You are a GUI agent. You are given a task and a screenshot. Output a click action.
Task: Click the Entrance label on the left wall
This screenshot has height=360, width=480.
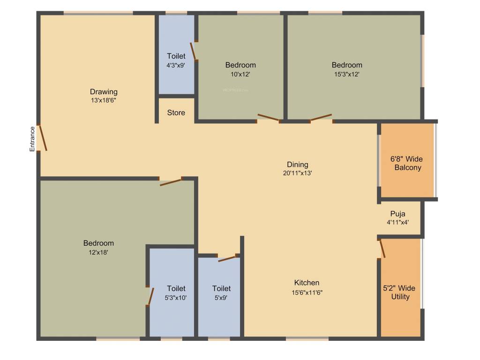(x=32, y=139)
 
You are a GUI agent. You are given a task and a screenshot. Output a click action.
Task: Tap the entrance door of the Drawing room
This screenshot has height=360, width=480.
(x=42, y=138)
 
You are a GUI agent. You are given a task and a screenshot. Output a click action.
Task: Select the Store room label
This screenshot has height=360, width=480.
(x=176, y=112)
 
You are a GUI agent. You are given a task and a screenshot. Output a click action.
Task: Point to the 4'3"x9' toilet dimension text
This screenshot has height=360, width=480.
(x=176, y=66)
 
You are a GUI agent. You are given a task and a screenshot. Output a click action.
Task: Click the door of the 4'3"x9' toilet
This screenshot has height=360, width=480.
(x=193, y=51)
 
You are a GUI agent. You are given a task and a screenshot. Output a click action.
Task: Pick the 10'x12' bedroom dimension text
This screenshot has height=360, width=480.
(x=240, y=74)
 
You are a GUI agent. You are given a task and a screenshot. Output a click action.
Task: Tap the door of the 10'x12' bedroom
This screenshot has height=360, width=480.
(x=269, y=118)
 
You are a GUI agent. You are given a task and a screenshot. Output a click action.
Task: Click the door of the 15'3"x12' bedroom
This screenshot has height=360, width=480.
(x=321, y=118)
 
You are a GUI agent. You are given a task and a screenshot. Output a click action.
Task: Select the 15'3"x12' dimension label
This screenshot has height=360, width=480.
(x=347, y=74)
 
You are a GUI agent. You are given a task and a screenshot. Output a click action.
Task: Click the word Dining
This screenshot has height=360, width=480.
(x=298, y=165)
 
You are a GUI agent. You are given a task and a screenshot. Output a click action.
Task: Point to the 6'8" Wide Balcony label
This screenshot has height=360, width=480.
(x=407, y=163)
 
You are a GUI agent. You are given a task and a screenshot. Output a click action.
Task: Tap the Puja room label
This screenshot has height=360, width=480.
(x=397, y=214)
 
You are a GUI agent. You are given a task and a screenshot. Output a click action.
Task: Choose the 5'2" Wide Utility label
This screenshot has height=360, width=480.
(x=400, y=292)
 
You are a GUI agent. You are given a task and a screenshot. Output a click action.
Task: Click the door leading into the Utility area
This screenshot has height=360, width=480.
(x=382, y=249)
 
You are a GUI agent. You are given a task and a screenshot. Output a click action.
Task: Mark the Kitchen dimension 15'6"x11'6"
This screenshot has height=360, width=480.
(x=307, y=292)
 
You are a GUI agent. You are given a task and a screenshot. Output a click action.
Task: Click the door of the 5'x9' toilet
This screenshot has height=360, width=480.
(x=226, y=258)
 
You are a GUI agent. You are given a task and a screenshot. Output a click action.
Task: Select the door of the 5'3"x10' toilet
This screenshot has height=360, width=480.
(x=150, y=296)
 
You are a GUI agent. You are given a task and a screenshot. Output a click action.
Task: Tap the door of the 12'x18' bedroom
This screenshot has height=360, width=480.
(x=171, y=181)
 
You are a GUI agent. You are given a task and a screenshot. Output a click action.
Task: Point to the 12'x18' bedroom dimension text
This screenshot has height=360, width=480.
(x=98, y=252)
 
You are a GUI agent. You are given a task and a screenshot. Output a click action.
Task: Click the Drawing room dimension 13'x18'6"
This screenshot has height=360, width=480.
(x=104, y=100)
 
